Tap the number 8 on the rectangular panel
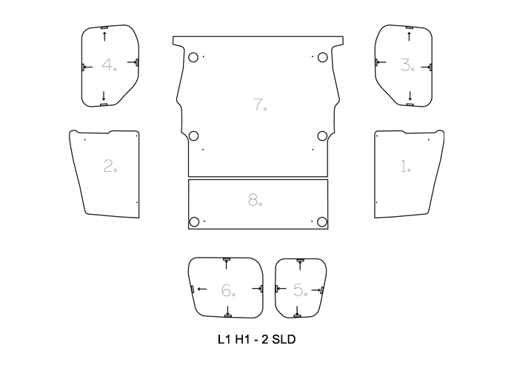pos(254,200)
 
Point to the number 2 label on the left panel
pos(109,167)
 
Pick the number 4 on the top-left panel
pos(108,65)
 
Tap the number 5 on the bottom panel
pos(299,290)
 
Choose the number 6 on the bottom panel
pos(227,291)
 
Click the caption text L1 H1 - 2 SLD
pos(257,341)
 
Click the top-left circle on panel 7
pos(193,58)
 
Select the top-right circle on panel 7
pos(322,58)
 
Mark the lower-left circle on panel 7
pos(193,136)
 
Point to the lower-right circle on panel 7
pos(322,136)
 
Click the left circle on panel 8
pos(194,222)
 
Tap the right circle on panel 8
pos(322,222)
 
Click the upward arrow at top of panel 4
pos(104,36)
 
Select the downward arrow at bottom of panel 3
pos(410,96)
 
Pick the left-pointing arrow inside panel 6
pos(201,288)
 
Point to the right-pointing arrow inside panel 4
pos(132,63)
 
